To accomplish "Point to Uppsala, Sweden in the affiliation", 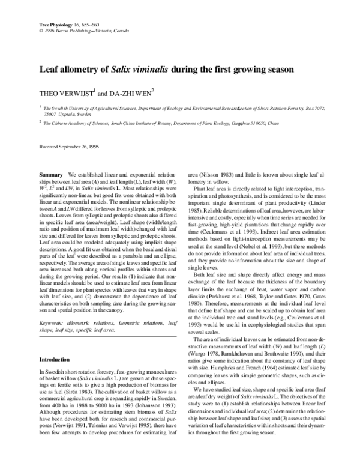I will click(66, 114).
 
